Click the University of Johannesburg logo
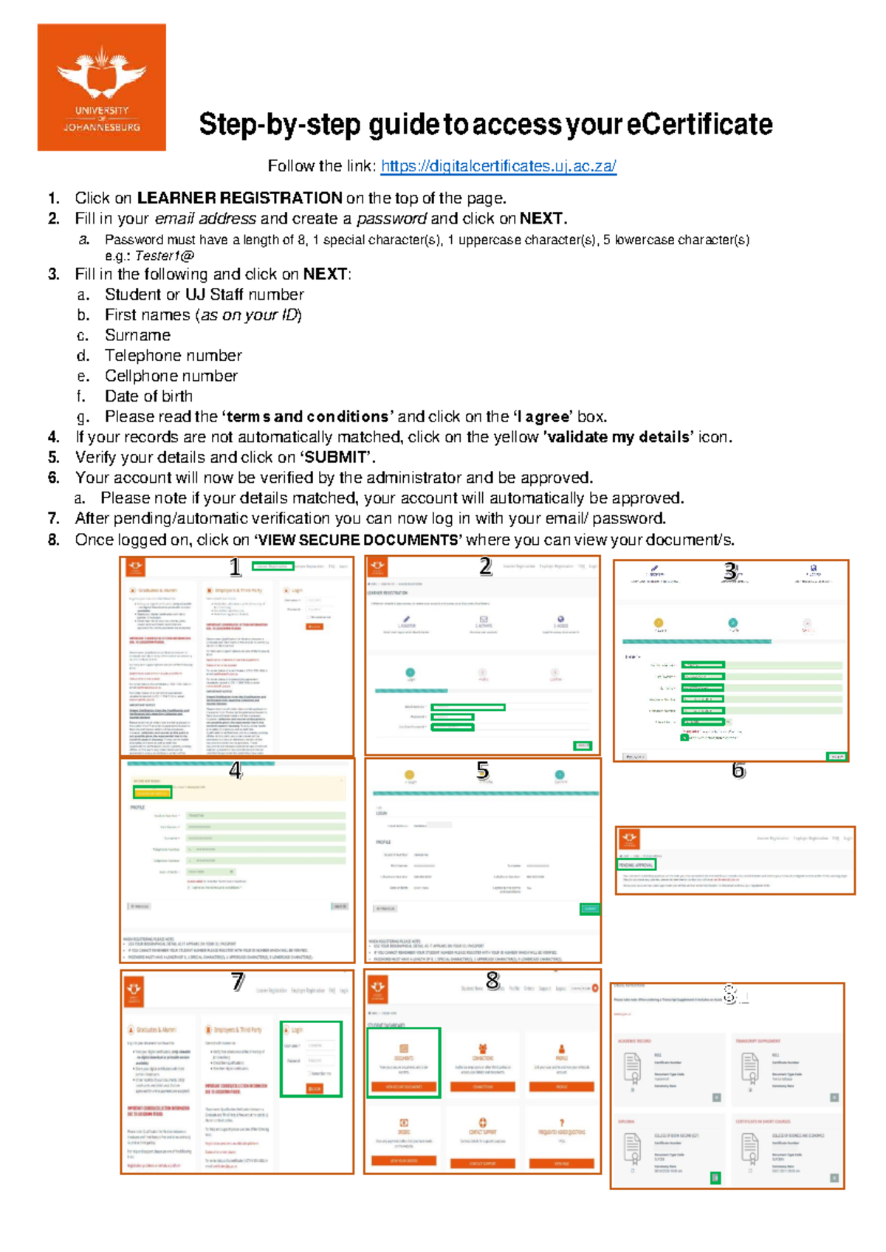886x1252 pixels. coord(101,87)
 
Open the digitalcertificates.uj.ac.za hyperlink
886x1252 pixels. coord(498,166)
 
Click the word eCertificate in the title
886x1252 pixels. coord(699,124)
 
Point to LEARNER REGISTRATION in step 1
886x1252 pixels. coord(239,198)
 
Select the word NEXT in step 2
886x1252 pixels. coord(541,219)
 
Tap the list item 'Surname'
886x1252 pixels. coord(137,335)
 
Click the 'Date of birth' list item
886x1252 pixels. coord(148,396)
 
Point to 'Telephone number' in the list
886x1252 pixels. coord(173,356)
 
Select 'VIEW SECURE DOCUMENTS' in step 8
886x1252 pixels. coord(358,540)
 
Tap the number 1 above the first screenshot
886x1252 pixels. coord(235,567)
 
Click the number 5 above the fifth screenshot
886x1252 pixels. coord(483,771)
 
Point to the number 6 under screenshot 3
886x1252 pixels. coord(738,771)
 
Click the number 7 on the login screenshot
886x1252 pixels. coord(237,982)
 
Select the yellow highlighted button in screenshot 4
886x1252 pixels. coord(152,792)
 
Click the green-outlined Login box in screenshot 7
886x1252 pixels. coord(311,1059)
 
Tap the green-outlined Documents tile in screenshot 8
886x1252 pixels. coord(403,1062)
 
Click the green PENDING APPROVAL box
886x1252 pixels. coord(636,864)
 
